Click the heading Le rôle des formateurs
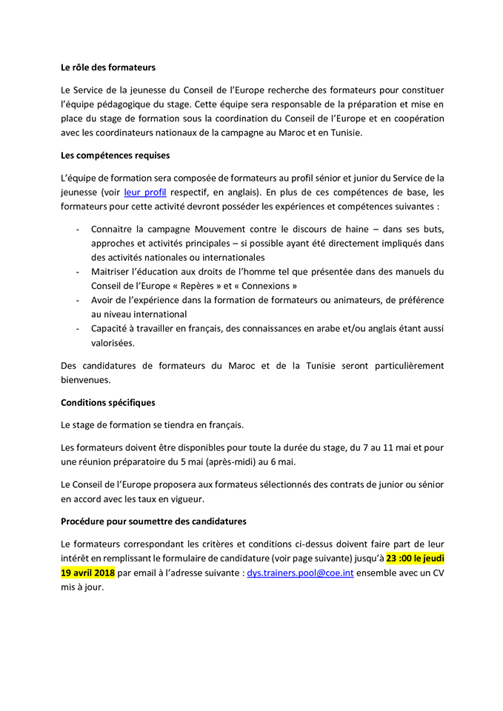pos(107,67)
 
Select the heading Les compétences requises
pos(115,156)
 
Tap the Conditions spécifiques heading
pos(107,403)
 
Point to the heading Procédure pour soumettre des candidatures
pos(153,521)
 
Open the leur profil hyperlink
pos(144,193)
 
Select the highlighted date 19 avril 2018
pos(87,573)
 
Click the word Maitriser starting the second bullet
pos(113,272)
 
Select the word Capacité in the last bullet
pos(111,329)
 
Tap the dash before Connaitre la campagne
pos(79,229)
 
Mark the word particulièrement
pos(400,365)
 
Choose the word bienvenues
pos(85,380)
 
